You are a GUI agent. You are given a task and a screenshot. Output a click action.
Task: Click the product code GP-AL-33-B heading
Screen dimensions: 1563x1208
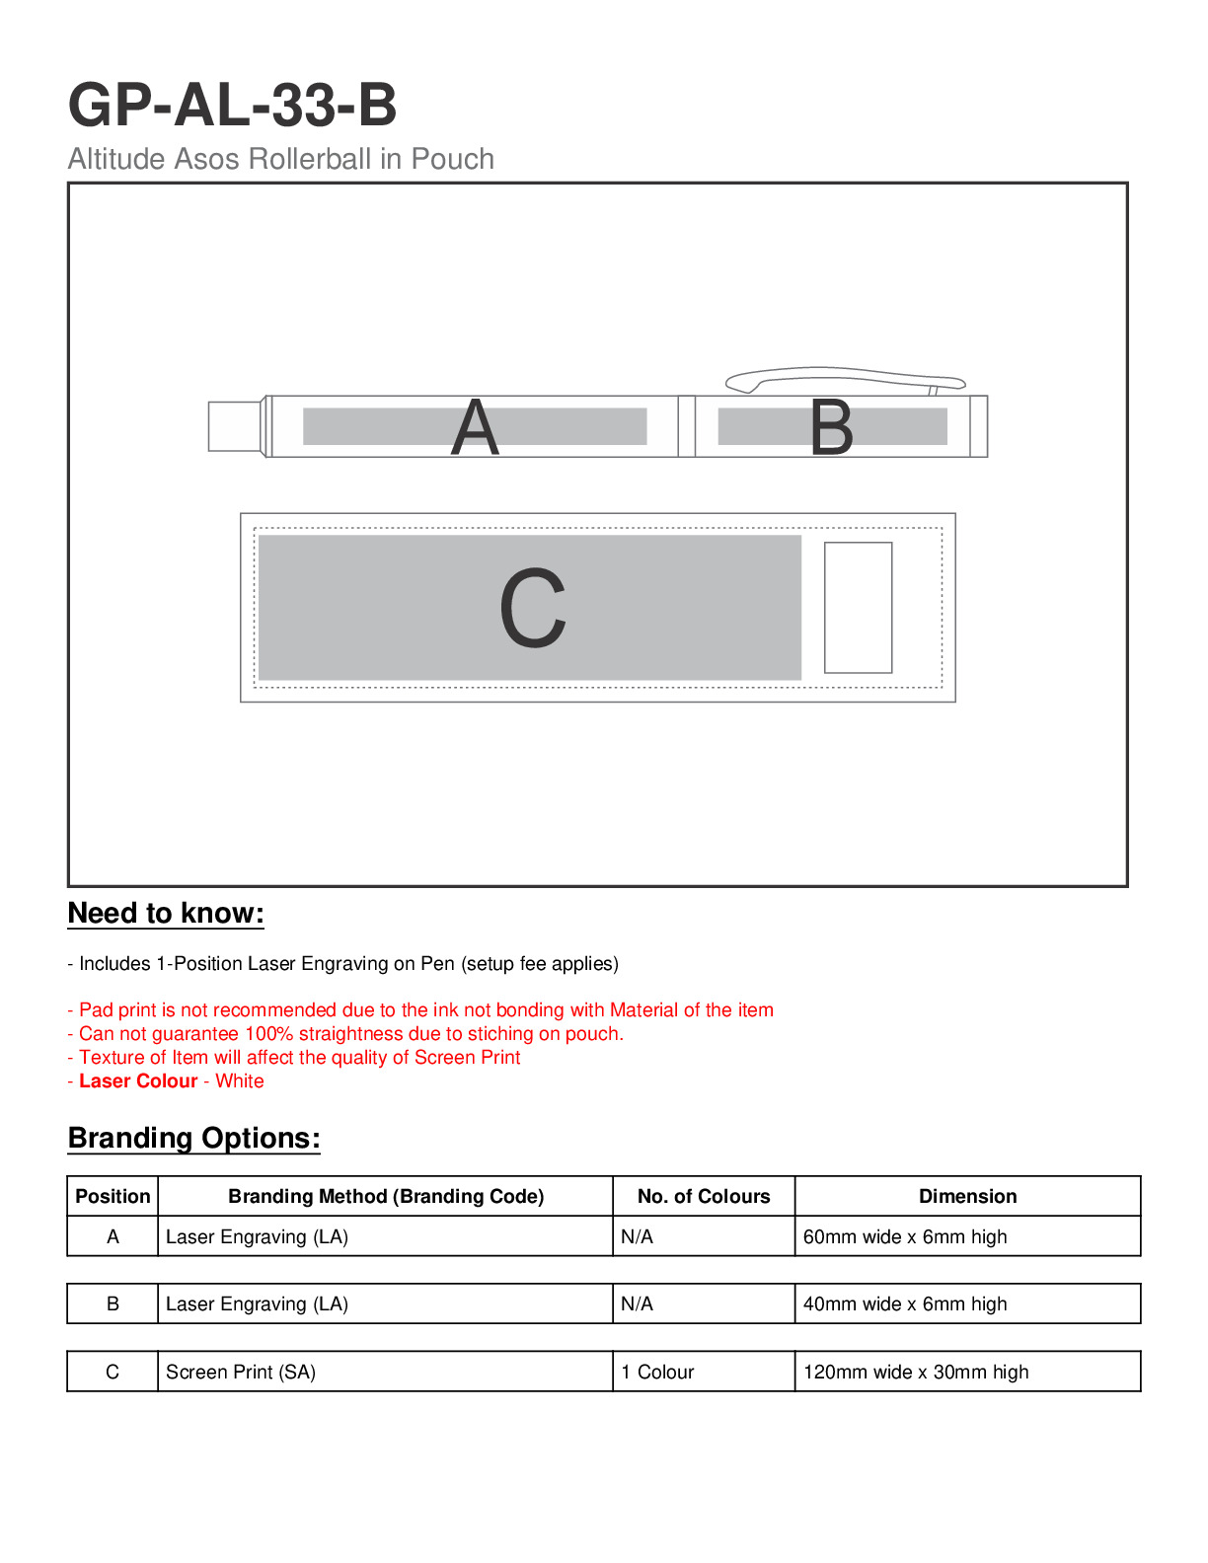pyautogui.click(x=233, y=106)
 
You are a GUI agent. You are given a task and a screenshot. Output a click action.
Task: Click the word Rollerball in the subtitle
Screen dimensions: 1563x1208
pyautogui.click(x=308, y=159)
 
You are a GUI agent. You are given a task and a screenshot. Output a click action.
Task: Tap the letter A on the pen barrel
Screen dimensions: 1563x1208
pyautogui.click(x=475, y=428)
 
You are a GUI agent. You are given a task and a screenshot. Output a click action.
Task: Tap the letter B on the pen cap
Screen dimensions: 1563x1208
pyautogui.click(x=831, y=428)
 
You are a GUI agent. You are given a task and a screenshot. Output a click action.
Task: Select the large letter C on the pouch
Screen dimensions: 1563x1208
pyautogui.click(x=533, y=608)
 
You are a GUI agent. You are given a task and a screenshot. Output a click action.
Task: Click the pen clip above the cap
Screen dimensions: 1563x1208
pyautogui.click(x=844, y=378)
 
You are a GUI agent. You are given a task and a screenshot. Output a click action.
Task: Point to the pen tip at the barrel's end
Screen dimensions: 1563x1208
pyautogui.click(x=235, y=426)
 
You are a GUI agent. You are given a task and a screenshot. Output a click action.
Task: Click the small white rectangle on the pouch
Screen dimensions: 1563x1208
pyautogui.click(x=858, y=608)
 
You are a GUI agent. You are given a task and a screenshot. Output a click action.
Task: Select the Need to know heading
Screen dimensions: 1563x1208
pyautogui.click(x=166, y=914)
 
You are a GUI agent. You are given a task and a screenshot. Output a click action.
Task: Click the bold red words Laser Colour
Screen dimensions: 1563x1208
pyautogui.click(x=138, y=1081)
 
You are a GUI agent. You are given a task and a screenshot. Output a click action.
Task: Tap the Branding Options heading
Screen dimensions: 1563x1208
pyautogui.click(x=194, y=1139)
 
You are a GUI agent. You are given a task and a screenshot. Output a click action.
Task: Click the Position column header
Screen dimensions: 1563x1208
pyautogui.click(x=113, y=1197)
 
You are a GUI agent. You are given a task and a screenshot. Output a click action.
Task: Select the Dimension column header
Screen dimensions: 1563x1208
pyautogui.click(x=967, y=1197)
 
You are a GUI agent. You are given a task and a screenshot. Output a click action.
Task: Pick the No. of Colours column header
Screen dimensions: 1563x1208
pyautogui.click(x=704, y=1197)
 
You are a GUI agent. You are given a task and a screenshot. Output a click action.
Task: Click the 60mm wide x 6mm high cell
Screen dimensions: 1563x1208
pyautogui.click(x=905, y=1237)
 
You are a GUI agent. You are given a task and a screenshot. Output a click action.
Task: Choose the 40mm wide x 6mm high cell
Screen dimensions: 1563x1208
pyautogui.click(x=905, y=1304)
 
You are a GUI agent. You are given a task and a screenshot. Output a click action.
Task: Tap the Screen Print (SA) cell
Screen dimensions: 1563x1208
pyautogui.click(x=241, y=1373)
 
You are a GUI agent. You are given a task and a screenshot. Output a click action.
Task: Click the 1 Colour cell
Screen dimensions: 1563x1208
pyautogui.click(x=657, y=1373)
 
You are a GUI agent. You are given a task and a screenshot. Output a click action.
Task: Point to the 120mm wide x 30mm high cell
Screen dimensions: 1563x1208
pyautogui.click(x=916, y=1373)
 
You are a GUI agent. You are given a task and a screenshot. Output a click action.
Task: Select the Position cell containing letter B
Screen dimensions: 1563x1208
pyautogui.click(x=113, y=1304)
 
